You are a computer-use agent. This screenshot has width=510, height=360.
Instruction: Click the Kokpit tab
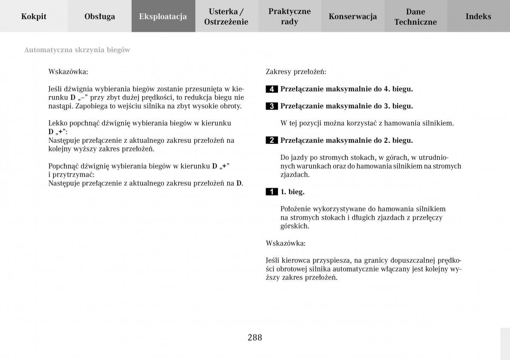34,17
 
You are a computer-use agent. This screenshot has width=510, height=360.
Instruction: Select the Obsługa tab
99,17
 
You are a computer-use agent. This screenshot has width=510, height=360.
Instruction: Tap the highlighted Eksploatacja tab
163,17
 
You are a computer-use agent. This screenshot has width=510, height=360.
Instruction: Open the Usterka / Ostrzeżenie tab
226,17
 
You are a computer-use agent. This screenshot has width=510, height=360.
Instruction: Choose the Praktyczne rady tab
289,17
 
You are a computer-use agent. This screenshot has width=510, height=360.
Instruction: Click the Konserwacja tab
353,17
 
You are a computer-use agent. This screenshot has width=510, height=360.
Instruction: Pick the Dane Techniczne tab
415,17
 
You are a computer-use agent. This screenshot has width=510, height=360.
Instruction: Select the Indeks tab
478,17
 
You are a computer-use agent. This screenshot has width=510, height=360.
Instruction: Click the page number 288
255,338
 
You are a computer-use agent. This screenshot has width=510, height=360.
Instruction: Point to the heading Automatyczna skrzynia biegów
77,50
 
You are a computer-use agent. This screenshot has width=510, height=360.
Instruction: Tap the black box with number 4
272,89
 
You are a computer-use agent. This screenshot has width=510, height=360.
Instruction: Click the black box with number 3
272,106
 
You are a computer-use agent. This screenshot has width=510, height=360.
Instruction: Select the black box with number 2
272,141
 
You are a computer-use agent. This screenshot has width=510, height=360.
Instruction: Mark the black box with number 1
272,192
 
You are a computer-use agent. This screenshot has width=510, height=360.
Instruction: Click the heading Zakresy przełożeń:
296,72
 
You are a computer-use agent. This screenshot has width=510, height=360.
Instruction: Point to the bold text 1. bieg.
292,192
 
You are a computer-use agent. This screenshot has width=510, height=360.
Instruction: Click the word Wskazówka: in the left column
68,72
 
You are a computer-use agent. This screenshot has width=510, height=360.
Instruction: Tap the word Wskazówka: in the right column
286,244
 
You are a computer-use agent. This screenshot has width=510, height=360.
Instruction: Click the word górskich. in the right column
295,226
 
